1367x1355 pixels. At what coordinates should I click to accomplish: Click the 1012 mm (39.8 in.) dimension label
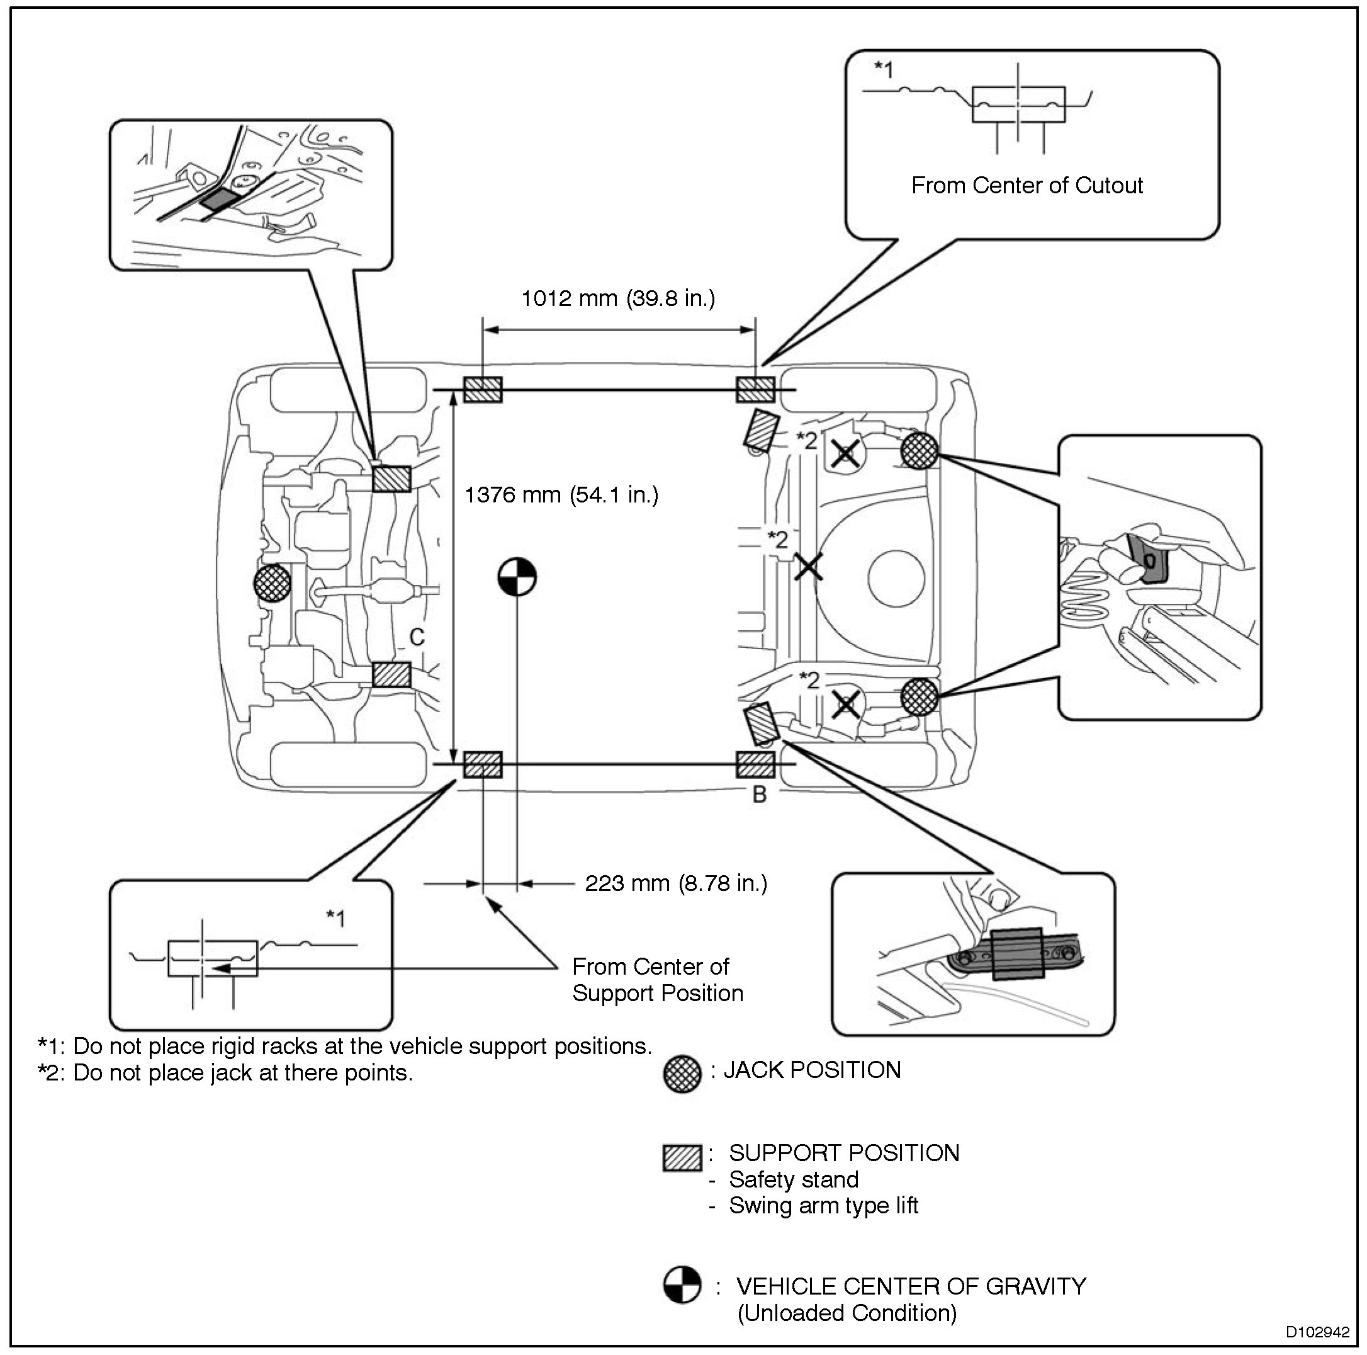617,298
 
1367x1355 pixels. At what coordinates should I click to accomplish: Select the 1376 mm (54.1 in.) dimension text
561,494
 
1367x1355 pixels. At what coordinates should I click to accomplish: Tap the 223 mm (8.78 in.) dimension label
676,883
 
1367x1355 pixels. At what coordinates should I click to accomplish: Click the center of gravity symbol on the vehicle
517,576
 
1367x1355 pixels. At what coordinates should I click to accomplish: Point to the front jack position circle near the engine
273,582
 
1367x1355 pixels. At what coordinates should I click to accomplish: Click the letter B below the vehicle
759,795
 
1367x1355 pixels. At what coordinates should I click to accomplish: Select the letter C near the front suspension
417,637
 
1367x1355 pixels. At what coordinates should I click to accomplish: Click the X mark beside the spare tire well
808,566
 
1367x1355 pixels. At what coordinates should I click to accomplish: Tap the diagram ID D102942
1317,1332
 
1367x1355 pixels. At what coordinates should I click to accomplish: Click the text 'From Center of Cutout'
1027,186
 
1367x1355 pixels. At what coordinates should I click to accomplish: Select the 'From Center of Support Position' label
657,980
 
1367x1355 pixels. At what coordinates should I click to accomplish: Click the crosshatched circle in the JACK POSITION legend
682,1074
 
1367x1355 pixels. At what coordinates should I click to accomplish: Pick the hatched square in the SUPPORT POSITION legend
682,1157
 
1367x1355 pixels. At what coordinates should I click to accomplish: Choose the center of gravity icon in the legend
682,1284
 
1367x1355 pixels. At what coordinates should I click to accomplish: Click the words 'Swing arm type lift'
824,1205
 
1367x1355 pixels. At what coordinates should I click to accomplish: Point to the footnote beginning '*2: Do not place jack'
225,1072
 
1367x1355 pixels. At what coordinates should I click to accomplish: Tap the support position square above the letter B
756,764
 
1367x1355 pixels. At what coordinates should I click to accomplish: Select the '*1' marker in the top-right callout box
884,69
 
